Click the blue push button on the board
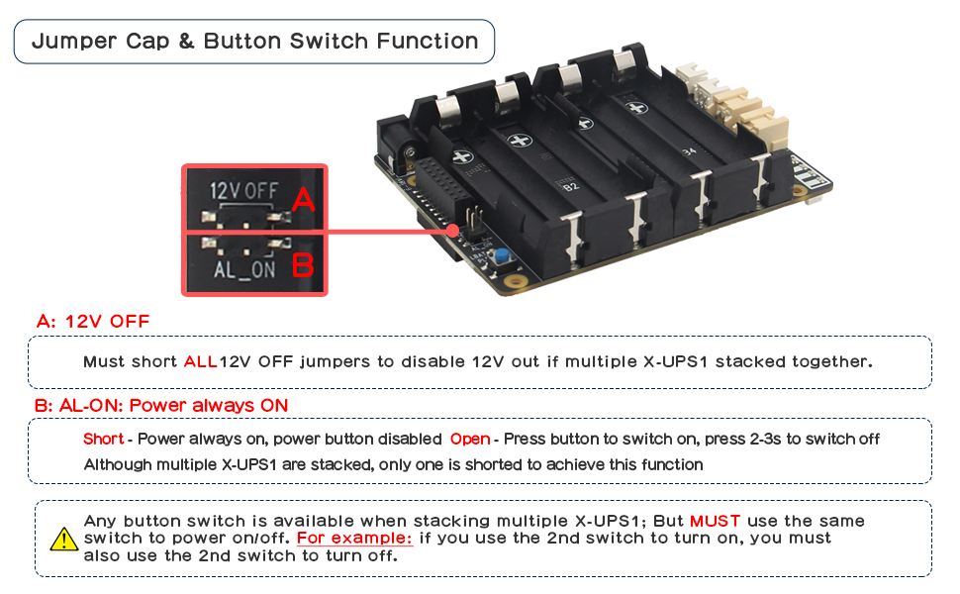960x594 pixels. (x=502, y=259)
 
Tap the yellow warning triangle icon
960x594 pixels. (x=63, y=539)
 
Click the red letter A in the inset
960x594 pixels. (x=304, y=201)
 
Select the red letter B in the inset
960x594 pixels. (x=303, y=265)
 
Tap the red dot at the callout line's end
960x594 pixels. (x=453, y=232)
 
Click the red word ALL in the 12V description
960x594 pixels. (x=200, y=361)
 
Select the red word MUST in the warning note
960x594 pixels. (x=715, y=521)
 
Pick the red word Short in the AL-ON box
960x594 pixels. (x=103, y=439)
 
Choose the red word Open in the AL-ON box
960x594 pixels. (x=469, y=439)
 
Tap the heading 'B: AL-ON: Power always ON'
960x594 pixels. (x=161, y=405)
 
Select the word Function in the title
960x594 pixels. (x=428, y=42)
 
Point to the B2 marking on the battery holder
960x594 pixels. (x=570, y=185)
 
